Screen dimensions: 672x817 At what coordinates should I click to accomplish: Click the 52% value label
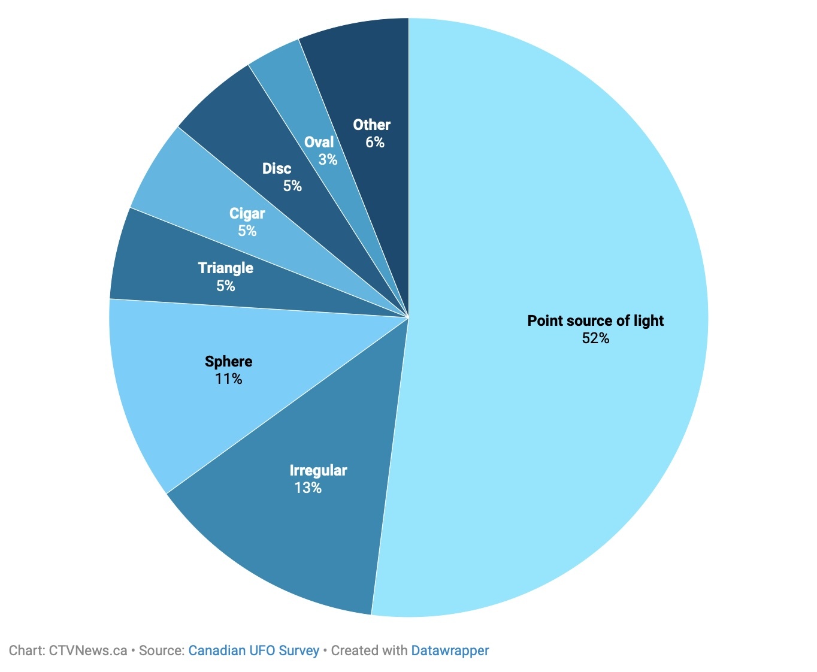(595, 338)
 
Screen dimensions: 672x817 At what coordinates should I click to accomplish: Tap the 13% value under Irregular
(308, 488)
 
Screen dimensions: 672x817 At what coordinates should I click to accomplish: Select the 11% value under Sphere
(229, 379)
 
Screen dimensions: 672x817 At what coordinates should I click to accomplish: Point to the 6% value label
(375, 143)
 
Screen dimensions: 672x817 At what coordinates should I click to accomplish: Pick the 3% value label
(328, 160)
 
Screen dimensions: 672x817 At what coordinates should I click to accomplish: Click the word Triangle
(226, 268)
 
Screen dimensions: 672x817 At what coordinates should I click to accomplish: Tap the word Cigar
(247, 214)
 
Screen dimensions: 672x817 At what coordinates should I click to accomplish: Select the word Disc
(277, 169)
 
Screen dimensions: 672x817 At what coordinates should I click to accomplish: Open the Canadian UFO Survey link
(253, 650)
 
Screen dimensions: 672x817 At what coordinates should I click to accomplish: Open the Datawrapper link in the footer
(450, 650)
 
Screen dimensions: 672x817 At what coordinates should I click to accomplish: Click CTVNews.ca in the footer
(88, 650)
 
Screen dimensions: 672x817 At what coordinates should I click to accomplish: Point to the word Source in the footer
(160, 650)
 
